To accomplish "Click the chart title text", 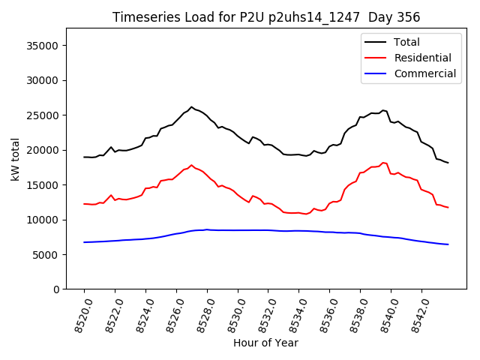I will [266, 17].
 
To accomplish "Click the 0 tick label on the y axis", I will [57, 289].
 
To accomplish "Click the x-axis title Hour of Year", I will [265, 343].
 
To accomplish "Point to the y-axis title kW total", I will [16, 159].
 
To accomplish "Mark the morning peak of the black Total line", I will [191, 107].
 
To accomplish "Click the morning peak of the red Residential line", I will [191, 165].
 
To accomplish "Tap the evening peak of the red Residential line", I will [382, 163].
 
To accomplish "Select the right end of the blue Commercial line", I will [448, 244].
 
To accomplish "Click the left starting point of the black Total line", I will [84, 157].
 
